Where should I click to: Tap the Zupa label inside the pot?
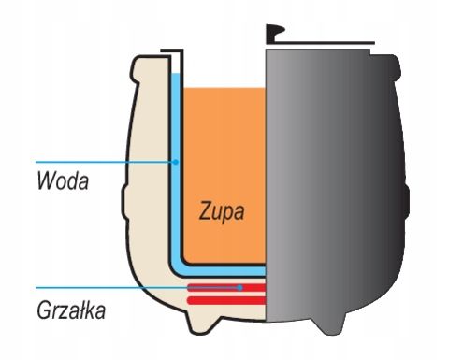[x=222, y=211]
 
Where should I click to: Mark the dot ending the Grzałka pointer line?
[x=241, y=287]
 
